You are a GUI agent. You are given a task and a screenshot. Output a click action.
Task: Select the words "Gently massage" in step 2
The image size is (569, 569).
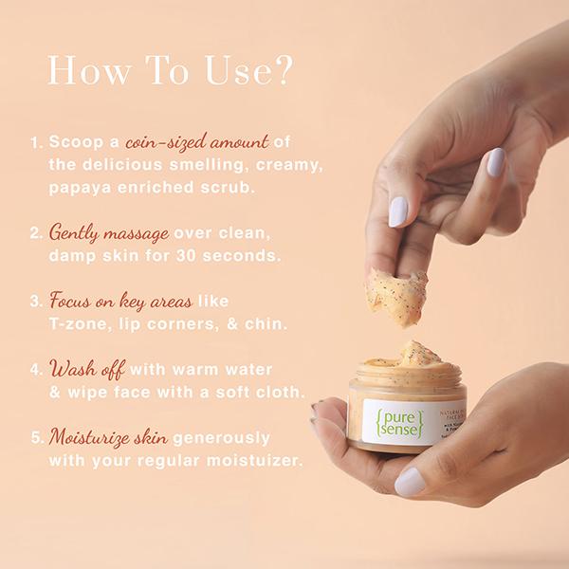(109, 232)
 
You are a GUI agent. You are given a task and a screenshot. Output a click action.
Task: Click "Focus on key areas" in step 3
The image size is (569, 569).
(120, 302)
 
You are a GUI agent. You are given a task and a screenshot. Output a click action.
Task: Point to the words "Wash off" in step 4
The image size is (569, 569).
(86, 369)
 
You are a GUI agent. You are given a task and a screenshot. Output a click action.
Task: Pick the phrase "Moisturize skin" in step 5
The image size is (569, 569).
(109, 437)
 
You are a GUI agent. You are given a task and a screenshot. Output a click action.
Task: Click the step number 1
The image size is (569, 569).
(35, 144)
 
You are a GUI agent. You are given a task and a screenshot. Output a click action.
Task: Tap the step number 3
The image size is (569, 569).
(36, 303)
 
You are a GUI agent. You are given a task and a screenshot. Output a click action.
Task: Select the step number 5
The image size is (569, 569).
(36, 439)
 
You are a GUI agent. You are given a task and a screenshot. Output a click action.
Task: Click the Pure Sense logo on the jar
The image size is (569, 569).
(389, 421)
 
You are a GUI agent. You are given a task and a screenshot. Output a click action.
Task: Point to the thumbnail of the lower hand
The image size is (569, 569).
(410, 482)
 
